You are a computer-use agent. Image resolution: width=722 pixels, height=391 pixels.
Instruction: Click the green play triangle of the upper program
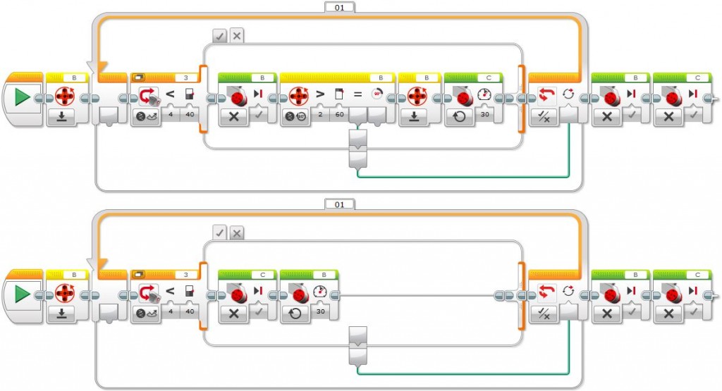pyautogui.click(x=22, y=97)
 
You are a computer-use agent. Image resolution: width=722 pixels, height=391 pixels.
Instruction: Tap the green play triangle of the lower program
pyautogui.click(x=22, y=294)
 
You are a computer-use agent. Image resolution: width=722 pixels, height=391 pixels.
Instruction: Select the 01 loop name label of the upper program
pyautogui.click(x=339, y=7)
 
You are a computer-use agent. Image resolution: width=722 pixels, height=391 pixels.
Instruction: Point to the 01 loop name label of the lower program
pyautogui.click(x=339, y=204)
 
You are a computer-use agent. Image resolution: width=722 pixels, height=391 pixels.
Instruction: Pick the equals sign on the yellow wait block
pyautogui.click(x=358, y=94)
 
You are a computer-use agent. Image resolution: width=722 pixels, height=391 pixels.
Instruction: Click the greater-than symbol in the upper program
pyautogui.click(x=308, y=94)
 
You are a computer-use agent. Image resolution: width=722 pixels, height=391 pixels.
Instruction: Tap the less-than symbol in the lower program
pyautogui.click(x=169, y=291)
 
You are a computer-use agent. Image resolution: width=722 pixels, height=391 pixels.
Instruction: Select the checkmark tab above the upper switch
pyautogui.click(x=219, y=35)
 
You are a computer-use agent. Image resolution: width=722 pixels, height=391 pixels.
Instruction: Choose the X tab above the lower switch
pyautogui.click(x=237, y=232)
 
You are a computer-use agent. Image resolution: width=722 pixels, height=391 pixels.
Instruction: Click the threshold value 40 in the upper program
pyautogui.click(x=188, y=115)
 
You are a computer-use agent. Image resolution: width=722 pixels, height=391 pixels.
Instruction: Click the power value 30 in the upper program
pyautogui.click(x=484, y=115)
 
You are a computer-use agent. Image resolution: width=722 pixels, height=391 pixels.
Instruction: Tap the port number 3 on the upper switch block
pyautogui.click(x=185, y=76)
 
